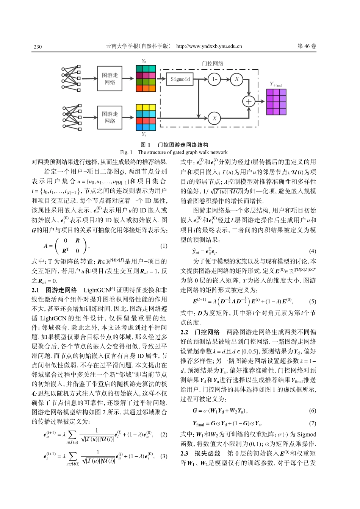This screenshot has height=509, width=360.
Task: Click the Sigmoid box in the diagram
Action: pyautogui.click(x=180, y=79)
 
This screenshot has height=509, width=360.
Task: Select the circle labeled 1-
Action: pyautogui.click(x=214, y=79)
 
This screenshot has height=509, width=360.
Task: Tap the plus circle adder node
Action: pyautogui.click(x=249, y=101)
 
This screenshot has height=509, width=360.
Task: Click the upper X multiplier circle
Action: pyautogui.click(x=237, y=79)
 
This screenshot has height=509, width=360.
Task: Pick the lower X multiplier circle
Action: pyautogui.click(x=214, y=118)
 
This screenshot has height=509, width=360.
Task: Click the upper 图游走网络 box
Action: pyautogui.click(x=110, y=79)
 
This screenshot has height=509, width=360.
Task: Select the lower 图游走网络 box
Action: pyautogui.click(x=110, y=117)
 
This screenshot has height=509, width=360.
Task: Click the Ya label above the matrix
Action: pyautogui.click(x=144, y=61)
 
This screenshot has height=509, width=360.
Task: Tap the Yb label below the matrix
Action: pyautogui.click(x=144, y=134)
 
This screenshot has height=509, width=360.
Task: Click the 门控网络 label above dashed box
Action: pyautogui.click(x=213, y=64)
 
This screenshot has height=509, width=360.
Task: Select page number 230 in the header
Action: pyautogui.click(x=38, y=47)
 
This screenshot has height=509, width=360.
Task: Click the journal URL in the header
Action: pyautogui.click(x=209, y=47)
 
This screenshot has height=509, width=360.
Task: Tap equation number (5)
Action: pyautogui.click(x=312, y=302)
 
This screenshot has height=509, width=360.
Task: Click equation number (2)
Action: pyautogui.click(x=163, y=435)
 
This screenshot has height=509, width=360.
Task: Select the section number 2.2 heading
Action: pyautogui.click(x=184, y=332)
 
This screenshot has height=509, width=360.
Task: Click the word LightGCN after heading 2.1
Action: pyautogui.click(x=96, y=290)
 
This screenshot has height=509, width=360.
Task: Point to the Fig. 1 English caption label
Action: pyautogui.click(x=126, y=152)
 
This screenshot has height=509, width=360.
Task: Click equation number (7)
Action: pyautogui.click(x=312, y=423)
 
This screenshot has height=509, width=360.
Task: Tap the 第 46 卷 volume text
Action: pyautogui.click(x=307, y=46)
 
